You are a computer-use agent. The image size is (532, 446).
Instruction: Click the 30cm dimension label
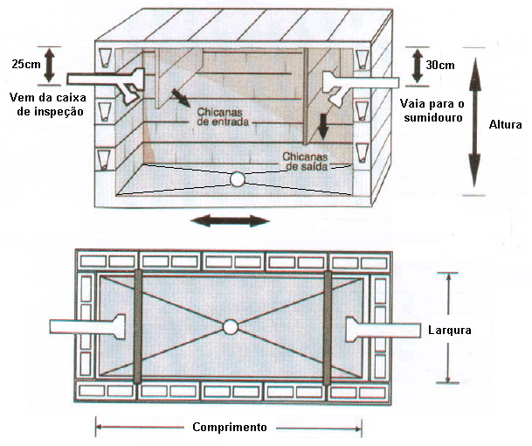(439, 66)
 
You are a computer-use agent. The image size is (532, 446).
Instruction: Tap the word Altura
(505, 124)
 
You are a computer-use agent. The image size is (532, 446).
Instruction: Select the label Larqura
(450, 330)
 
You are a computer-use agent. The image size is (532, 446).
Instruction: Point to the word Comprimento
(229, 428)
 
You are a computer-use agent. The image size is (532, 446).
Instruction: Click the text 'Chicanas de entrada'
(225, 117)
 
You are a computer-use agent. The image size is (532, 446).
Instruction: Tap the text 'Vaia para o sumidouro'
(430, 109)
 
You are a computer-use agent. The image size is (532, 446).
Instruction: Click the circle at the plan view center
(231, 328)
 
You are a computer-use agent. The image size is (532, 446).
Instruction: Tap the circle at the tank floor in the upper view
(237, 180)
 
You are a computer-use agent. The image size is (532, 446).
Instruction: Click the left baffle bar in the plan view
(138, 327)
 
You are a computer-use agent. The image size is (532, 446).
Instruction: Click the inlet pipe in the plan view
(87, 327)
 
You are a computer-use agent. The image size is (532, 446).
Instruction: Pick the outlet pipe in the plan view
(376, 329)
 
